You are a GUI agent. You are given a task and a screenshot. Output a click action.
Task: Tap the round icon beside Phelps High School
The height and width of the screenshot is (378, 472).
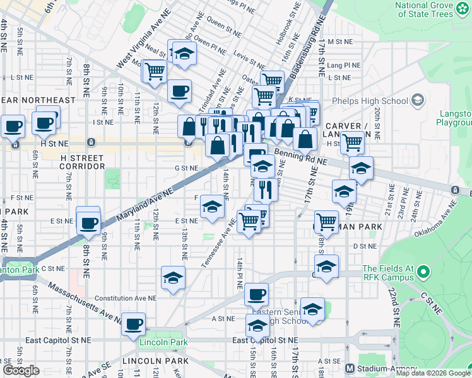coord(416,100)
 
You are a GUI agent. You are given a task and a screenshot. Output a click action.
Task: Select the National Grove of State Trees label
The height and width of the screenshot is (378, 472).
coord(424,9)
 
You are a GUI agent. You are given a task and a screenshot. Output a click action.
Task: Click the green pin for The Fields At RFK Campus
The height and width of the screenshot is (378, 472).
coord(422,273)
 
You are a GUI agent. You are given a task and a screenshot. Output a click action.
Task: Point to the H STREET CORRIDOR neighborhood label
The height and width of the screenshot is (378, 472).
coord(82,161)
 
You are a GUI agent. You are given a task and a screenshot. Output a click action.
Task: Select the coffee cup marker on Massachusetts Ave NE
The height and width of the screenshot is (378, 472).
coord(133,324)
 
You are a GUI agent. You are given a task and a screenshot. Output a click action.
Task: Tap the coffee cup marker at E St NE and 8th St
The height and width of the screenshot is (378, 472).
coord(88,222)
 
